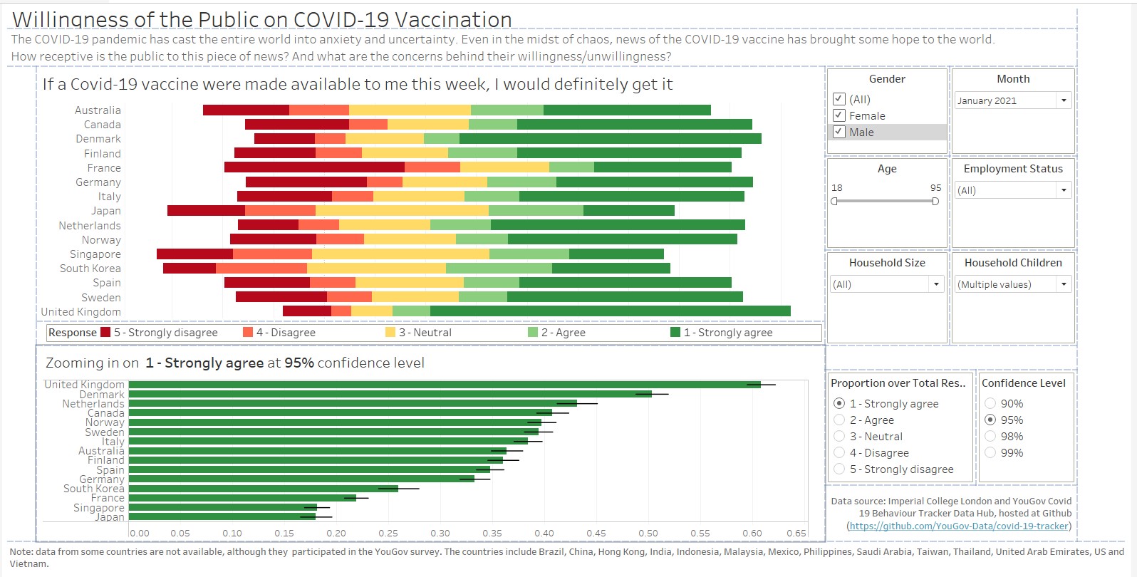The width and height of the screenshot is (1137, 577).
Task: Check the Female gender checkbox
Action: coord(839,115)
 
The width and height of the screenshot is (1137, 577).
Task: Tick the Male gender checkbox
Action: coord(839,132)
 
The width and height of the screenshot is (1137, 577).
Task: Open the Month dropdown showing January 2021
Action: coord(1013,100)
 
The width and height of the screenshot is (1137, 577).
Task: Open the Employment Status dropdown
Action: coord(1013,190)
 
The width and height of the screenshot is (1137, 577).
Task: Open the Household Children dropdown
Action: coord(1013,284)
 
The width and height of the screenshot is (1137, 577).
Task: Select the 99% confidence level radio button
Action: coord(990,452)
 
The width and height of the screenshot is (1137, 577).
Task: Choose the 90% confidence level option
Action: coord(990,403)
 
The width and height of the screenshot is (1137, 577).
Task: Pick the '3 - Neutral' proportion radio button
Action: coord(839,436)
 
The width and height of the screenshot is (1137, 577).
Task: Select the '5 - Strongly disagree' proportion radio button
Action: coord(839,469)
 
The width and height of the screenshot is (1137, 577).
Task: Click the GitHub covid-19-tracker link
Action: coord(959,526)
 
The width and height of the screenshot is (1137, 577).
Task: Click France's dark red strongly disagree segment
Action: coord(314,167)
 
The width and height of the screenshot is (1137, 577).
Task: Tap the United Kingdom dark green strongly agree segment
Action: coord(610,311)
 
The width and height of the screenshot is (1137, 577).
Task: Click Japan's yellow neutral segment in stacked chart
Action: coord(402,211)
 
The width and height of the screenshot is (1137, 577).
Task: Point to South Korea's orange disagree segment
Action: coord(261,269)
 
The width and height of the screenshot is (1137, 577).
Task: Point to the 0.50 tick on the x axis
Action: coord(648,533)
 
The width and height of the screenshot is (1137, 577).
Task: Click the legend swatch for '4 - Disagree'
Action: coord(248,332)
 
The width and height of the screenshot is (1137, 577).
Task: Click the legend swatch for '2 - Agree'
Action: coord(533,332)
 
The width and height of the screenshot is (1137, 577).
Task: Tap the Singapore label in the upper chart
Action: coord(95,254)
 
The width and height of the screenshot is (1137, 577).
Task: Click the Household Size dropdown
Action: coord(887,284)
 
